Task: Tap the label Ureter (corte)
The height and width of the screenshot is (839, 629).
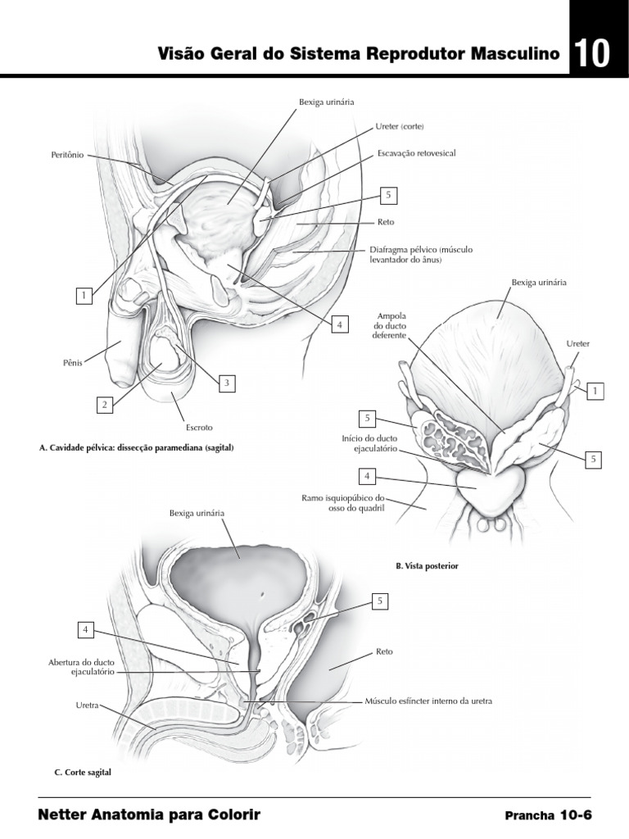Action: point(399,126)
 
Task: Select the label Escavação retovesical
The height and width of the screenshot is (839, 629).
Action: point(416,153)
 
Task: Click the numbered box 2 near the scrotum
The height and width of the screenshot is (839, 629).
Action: point(104,404)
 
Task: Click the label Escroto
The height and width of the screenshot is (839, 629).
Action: point(198,427)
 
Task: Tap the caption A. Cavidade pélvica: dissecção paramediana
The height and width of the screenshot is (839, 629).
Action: point(137,448)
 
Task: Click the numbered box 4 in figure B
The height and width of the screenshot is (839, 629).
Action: point(368,476)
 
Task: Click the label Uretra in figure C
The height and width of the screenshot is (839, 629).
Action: point(87,704)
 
